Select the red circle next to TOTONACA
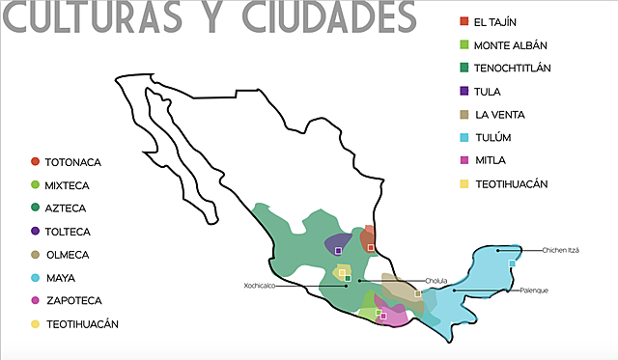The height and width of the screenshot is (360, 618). [x=36, y=162]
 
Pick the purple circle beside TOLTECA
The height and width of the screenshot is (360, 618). [x=36, y=232]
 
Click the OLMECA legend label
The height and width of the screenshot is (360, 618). [x=67, y=255]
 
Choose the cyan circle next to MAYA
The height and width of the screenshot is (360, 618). [x=36, y=278]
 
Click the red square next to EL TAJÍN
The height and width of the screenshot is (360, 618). [x=464, y=21]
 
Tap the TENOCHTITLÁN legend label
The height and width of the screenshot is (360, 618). [x=526, y=68]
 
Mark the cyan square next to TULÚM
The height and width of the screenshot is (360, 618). [x=464, y=137]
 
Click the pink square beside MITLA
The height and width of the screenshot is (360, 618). [x=464, y=160]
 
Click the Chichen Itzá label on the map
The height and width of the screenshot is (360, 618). [x=560, y=251]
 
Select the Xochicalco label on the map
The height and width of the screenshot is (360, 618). [x=261, y=287]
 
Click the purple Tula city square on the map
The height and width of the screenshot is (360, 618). [x=338, y=250]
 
